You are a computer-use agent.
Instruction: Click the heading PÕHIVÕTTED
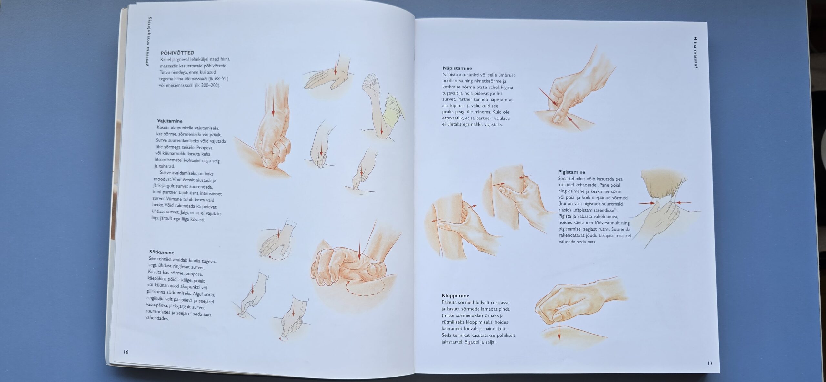pyautogui.click(x=177, y=53)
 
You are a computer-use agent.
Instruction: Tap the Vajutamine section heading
pyautogui.click(x=169, y=121)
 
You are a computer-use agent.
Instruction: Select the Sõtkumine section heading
pyautogui.click(x=162, y=252)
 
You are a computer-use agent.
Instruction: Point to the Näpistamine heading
pyautogui.click(x=457, y=68)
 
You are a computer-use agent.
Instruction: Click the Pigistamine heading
pyautogui.click(x=571, y=172)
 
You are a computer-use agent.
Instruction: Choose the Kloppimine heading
pyautogui.click(x=455, y=295)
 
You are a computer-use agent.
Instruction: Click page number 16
pyautogui.click(x=126, y=352)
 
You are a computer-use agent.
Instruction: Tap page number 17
pyautogui.click(x=710, y=363)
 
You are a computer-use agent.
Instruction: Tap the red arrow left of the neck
pyautogui.click(x=647, y=203)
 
